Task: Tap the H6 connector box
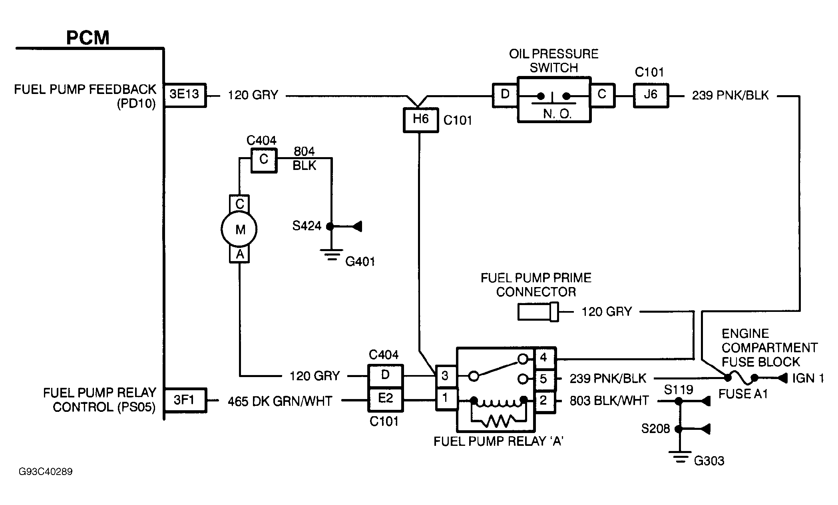[x=420, y=120]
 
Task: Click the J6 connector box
[x=651, y=95]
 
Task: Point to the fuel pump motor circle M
[x=239, y=230]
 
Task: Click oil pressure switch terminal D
[x=505, y=95]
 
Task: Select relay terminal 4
[x=543, y=358]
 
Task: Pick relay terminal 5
[x=543, y=379]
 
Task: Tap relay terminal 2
[x=543, y=400]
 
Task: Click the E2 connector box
[x=386, y=399]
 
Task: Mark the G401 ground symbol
[x=331, y=255]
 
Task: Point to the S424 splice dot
[x=330, y=227]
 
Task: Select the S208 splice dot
[x=678, y=429]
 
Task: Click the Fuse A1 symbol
[x=741, y=377]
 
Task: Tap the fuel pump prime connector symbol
[x=538, y=312]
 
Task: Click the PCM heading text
[x=88, y=38]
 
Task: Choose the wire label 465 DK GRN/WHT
[x=280, y=401]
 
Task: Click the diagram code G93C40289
[x=46, y=472]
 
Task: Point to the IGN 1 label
[x=808, y=378]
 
